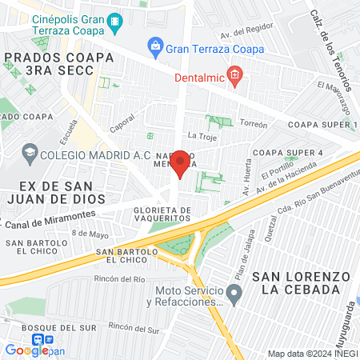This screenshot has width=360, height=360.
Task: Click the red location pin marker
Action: pos(181,162)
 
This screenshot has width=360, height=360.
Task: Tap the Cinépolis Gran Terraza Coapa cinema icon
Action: pos(117,20)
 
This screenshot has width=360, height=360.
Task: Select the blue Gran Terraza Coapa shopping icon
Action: pos(154,48)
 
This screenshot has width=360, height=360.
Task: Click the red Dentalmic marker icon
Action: pos(234,76)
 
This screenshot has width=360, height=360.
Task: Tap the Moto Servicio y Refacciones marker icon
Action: pos(234,296)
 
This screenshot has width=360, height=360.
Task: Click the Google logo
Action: pos(26,350)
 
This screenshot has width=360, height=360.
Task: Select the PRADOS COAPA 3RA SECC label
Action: pos(54,63)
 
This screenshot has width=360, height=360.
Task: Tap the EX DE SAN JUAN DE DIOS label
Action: pos(47,193)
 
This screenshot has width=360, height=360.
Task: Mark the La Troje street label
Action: pos(202,137)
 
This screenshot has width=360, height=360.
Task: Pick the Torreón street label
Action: pos(253,125)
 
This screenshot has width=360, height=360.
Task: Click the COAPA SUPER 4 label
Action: pos(287,153)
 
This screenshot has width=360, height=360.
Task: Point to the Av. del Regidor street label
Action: pos(242,34)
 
